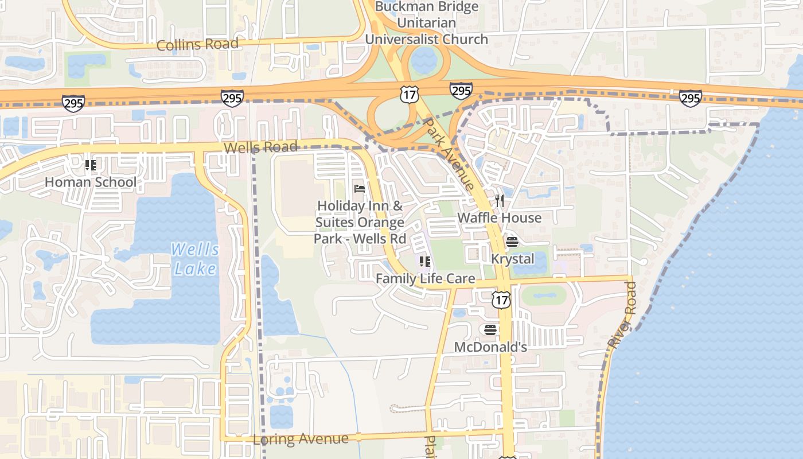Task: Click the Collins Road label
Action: pos(197,44)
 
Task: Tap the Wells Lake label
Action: pos(195,259)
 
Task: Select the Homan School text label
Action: pos(91,182)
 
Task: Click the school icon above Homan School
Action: pos(91,165)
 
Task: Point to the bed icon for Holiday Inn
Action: pos(360,188)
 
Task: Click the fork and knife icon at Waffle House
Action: pos(500,200)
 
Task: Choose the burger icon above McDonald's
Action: pos(490,329)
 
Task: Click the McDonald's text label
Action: pos(490,347)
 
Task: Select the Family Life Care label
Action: pos(425,279)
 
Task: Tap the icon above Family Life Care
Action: pos(425,262)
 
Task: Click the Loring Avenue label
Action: pos(301,439)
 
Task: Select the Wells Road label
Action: pos(260,147)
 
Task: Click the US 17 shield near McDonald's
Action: pos(501,299)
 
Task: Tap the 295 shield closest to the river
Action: pos(690,98)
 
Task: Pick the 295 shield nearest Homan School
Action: pos(73,103)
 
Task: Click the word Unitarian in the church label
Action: pos(426,23)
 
